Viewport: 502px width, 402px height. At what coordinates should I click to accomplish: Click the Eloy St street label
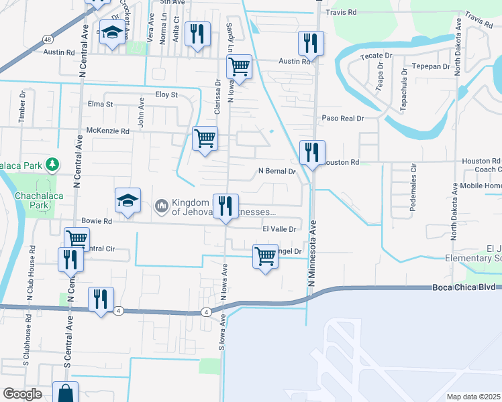(166, 95)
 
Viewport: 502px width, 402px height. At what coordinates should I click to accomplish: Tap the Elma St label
(101, 104)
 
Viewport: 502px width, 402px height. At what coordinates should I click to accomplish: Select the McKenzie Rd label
(107, 131)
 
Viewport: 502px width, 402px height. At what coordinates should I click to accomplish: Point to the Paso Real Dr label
(342, 118)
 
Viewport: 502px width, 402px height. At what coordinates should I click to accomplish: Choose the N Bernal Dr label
(278, 172)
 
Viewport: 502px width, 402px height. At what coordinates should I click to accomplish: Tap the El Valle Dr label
(279, 228)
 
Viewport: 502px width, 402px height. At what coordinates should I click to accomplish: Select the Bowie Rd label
(96, 220)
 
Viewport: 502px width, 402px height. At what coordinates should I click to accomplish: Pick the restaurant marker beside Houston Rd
(312, 153)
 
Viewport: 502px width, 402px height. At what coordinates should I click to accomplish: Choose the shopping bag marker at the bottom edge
(65, 393)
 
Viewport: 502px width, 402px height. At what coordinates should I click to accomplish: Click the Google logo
(22, 394)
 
